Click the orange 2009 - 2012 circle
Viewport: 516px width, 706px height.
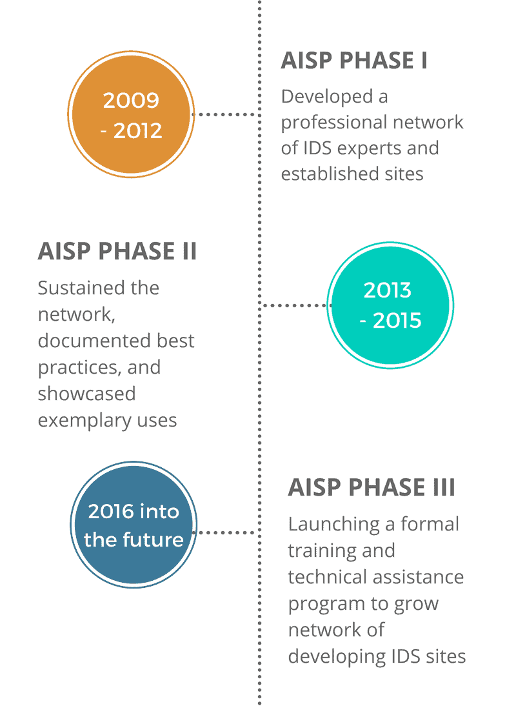point(131,114)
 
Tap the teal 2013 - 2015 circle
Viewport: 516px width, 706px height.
point(390,305)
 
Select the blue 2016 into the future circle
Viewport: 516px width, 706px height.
point(133,525)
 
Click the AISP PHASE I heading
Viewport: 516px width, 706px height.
point(354,61)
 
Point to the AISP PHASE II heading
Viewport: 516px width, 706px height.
point(117,251)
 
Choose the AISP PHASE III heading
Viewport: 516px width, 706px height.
point(372,487)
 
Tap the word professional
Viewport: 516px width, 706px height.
point(337,123)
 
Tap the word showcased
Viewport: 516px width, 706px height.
point(86,394)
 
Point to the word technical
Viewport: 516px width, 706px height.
point(326,577)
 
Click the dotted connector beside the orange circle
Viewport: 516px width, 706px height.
point(225,114)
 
